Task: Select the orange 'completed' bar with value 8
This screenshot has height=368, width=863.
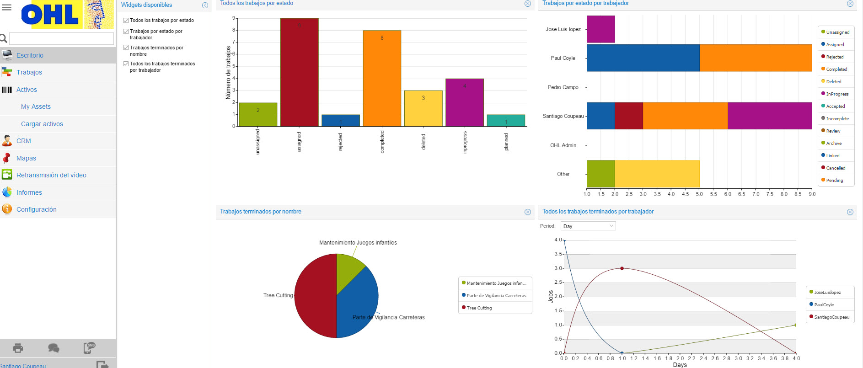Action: (382, 78)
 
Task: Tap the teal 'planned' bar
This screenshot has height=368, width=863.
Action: (506, 120)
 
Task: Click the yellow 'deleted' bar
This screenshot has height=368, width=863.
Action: (423, 108)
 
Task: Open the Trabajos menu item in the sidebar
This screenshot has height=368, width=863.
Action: (29, 72)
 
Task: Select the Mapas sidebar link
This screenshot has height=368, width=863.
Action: (26, 158)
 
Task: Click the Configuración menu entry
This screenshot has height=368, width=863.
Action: (37, 209)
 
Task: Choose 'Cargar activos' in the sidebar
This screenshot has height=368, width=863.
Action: (42, 124)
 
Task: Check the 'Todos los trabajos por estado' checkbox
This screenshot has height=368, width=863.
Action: (126, 21)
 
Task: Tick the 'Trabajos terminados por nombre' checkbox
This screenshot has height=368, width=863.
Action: (126, 48)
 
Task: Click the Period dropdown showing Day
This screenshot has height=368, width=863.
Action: (588, 226)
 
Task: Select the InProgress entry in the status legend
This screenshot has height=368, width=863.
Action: (836, 94)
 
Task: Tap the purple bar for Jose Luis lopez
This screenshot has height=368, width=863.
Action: (600, 29)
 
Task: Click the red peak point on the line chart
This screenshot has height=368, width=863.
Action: (622, 268)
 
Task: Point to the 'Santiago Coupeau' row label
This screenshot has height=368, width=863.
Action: (563, 116)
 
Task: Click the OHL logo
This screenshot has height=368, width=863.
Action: (67, 15)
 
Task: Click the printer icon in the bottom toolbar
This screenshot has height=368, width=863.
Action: (18, 348)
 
